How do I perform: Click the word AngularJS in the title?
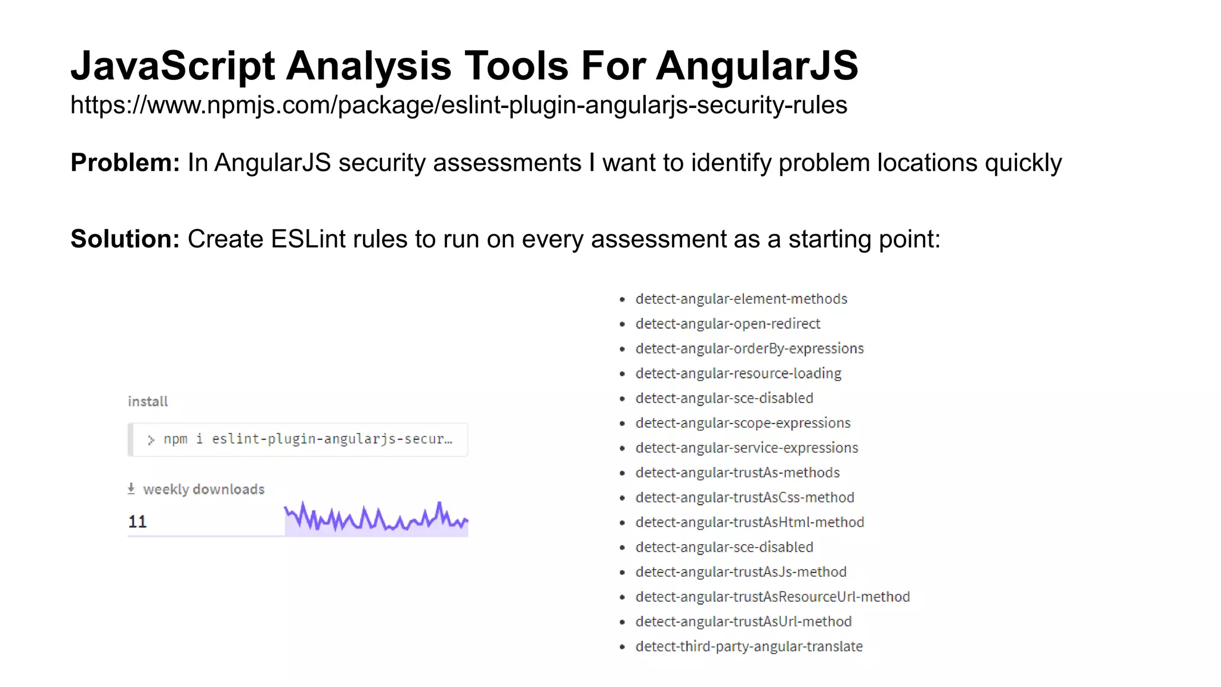click(757, 66)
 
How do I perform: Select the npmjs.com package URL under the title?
click(458, 105)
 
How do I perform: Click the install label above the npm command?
click(148, 401)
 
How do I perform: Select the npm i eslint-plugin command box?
click(298, 440)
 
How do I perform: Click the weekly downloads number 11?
click(137, 522)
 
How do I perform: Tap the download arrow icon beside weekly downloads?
click(131, 489)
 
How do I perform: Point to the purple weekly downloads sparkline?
click(376, 519)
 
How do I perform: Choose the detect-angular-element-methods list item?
click(741, 299)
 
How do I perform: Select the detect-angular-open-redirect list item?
click(727, 324)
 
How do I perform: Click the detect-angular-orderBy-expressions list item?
click(749, 348)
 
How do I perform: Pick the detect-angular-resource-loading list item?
click(738, 373)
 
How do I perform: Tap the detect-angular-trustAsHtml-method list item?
click(749, 522)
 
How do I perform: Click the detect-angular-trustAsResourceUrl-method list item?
click(772, 597)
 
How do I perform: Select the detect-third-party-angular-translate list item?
click(749, 646)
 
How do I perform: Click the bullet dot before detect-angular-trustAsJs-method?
click(622, 572)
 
